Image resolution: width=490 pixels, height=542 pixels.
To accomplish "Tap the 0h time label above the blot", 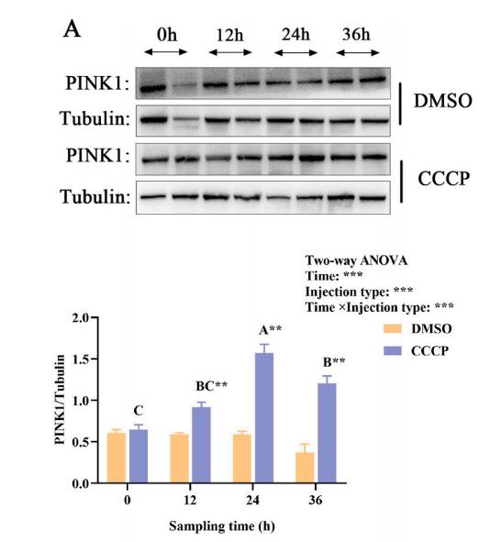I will coord(166,36).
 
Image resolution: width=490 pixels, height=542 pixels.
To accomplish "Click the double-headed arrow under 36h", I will coord(357,54).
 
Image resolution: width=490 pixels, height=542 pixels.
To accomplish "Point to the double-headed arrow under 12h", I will coord(229,54).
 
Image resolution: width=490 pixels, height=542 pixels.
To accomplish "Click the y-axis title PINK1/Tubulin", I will coord(63,400).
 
